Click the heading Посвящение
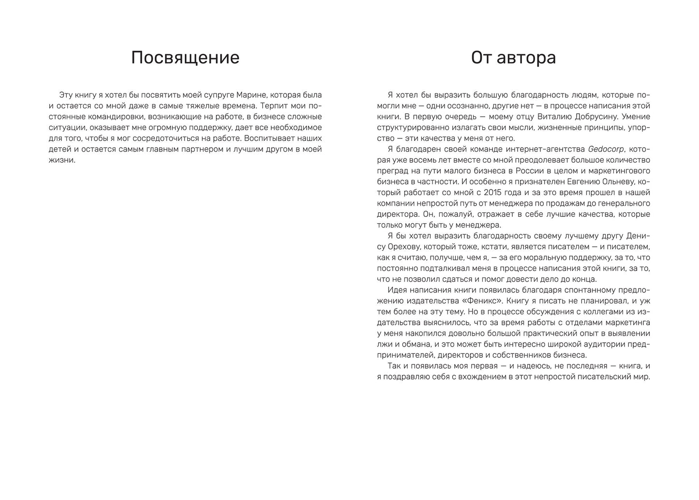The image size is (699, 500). pos(185,58)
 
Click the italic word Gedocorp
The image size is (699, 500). pos(608,149)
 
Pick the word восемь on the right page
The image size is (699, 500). pos(426,160)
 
